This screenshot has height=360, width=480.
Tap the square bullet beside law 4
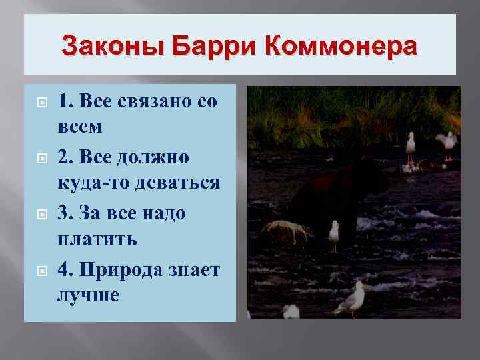pos(39,270)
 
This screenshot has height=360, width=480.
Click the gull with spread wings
pos(446,143)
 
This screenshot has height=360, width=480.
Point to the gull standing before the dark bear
pos(334,234)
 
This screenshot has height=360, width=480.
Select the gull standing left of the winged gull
pos(411,146)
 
